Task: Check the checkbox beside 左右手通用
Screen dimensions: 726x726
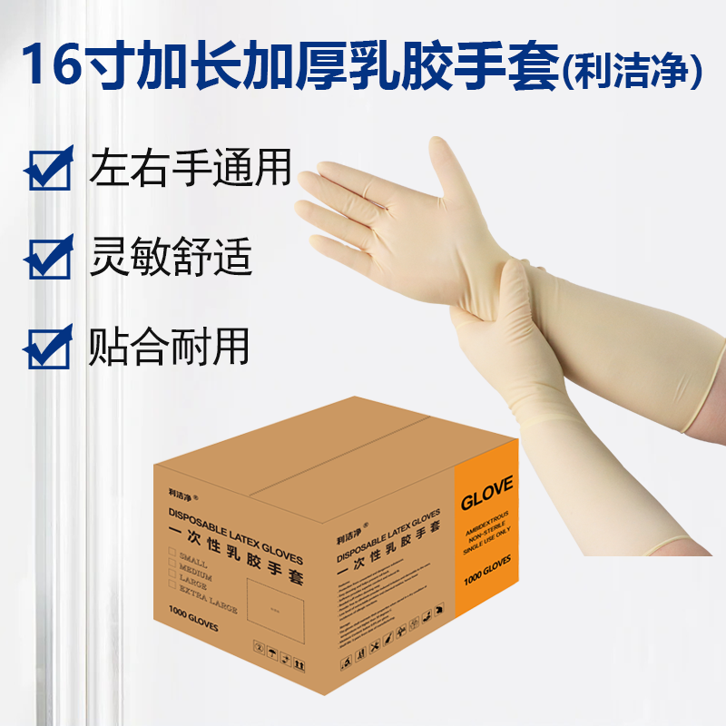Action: click(x=50, y=170)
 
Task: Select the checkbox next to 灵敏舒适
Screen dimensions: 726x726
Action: click(x=50, y=258)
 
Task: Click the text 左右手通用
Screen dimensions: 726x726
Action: click(x=191, y=169)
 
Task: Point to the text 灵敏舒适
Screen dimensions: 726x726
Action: click(x=170, y=257)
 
